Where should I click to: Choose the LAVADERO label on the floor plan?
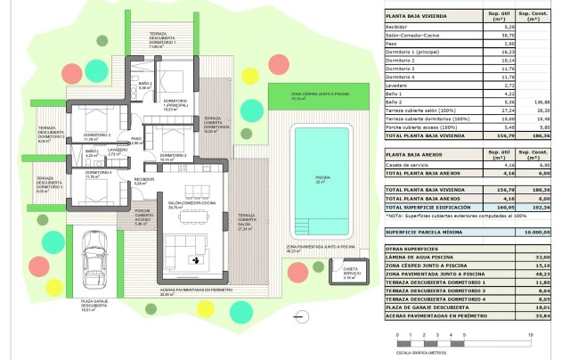(113, 152)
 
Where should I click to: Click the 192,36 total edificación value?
(538, 206)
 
